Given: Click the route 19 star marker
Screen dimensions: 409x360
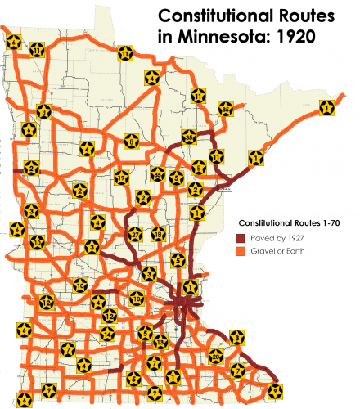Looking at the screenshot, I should coord(122,177).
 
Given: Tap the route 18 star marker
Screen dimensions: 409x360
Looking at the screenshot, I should coord(158,234).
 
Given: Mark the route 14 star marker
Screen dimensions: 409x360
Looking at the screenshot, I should coord(107,333).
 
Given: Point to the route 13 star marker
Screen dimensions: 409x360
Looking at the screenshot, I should coord(161,340).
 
